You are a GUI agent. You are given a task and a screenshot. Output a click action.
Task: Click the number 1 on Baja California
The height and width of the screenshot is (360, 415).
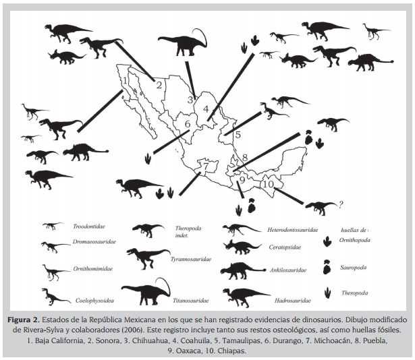[126, 80]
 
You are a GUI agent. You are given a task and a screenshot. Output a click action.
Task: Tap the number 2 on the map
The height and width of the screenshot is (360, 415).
[159, 85]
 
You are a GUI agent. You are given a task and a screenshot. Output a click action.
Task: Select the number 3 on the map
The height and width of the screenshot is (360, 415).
[190, 100]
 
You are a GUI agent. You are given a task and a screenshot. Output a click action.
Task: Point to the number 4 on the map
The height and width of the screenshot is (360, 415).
[206, 109]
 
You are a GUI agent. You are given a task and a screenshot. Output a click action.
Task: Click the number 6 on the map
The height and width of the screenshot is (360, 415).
[188, 124]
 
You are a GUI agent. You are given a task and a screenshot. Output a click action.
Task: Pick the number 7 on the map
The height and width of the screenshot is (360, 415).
[206, 166]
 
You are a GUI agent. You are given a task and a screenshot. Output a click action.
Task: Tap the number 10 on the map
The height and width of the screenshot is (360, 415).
[269, 184]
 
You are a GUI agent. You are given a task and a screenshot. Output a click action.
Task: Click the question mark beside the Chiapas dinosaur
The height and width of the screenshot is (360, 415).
[341, 204]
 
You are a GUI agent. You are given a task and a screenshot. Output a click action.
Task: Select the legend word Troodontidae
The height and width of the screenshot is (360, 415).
[89, 227]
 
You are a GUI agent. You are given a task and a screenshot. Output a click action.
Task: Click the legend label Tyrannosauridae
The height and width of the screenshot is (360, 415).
[191, 260]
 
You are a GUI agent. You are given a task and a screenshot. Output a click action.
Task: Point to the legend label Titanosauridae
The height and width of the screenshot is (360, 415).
[191, 301]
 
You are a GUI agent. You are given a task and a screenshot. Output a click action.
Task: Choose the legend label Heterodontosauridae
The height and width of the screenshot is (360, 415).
[292, 230]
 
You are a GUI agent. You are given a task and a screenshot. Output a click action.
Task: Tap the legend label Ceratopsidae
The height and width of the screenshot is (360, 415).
[285, 247]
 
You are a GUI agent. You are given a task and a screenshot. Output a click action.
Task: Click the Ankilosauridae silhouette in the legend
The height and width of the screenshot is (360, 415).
[243, 270]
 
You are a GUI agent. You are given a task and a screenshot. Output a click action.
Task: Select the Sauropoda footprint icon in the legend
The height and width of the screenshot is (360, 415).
[327, 267]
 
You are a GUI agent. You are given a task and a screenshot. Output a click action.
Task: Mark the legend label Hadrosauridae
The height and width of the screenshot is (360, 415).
[292, 301]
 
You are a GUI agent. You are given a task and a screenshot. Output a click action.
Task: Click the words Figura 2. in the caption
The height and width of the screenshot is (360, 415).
[24, 320]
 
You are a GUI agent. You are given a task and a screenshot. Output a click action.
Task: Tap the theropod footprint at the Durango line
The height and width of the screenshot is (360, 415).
[147, 160]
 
